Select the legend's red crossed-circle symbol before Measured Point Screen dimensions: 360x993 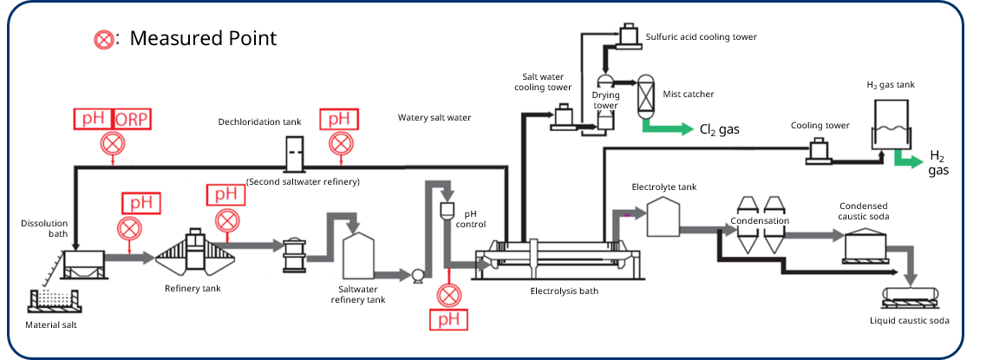click(105, 39)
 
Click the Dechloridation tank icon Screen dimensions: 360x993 click(295, 154)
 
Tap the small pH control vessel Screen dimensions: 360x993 click(448, 209)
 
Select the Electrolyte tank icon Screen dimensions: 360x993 click(664, 216)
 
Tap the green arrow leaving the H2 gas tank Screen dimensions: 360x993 click(908, 160)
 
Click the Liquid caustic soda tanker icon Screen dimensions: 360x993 click(913, 294)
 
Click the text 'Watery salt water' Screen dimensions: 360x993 click(434, 117)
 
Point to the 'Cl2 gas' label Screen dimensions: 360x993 click(720, 129)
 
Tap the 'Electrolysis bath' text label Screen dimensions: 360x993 click(564, 291)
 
